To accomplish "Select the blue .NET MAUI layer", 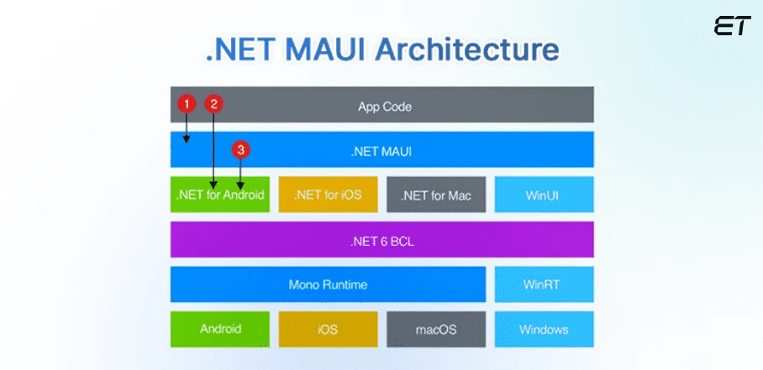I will (383, 150).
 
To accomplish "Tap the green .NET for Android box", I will (220, 195).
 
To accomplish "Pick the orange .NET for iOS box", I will (328, 195).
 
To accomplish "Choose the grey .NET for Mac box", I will (436, 195).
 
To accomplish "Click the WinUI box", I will (544, 195).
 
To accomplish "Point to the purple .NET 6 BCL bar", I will (382, 240).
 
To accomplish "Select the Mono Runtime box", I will (328, 284).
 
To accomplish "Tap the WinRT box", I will (544, 284).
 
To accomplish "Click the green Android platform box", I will (220, 329).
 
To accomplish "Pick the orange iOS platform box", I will (328, 329).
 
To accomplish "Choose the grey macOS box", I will (436, 329).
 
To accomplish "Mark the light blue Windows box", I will (544, 329).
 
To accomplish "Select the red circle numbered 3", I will (242, 150).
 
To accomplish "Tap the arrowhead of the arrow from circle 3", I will (242, 185).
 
